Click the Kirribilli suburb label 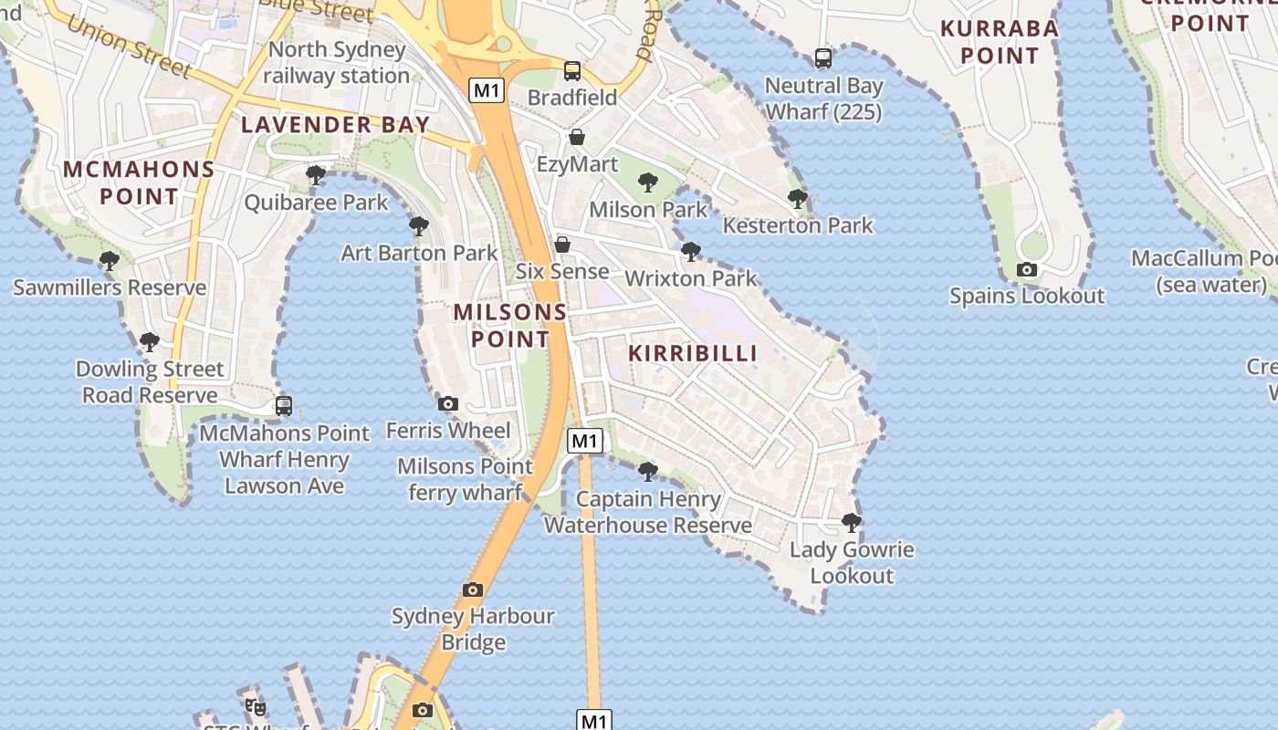coord(693,353)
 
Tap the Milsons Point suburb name coord(509,325)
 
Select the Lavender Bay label coord(335,125)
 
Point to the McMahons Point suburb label coord(139,182)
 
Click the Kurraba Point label coord(1000,42)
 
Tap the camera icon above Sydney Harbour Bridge coord(472,589)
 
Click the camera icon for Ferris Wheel coord(447,403)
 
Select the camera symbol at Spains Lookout coord(1027,269)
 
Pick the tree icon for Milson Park coord(648,182)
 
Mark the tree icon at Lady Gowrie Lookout coord(852,523)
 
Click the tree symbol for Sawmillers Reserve coord(110,261)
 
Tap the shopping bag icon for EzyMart coord(577,138)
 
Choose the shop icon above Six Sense coord(562,245)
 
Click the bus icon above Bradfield coord(572,70)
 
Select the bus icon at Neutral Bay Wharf coord(823,58)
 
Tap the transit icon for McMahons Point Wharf coord(284,406)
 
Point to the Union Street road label coord(128,42)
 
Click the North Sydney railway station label coord(337,62)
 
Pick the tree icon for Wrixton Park coord(691,251)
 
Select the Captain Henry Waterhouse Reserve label coord(648,512)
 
